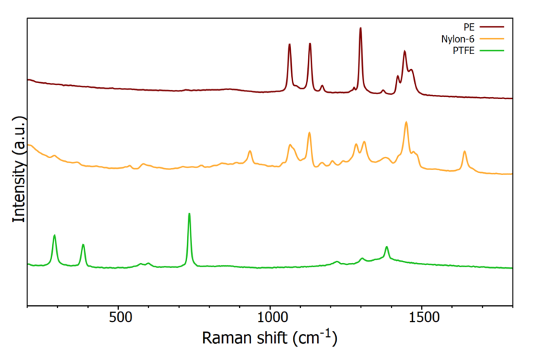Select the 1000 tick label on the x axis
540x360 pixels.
(x=271, y=317)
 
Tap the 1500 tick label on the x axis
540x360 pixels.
(x=422, y=317)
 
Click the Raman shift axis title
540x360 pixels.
(x=269, y=338)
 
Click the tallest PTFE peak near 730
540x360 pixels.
(x=189, y=214)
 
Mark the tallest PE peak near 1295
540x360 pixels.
(x=361, y=29)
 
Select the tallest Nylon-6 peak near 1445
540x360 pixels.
(x=406, y=122)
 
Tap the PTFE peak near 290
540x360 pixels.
(x=54, y=236)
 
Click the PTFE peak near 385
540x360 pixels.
(x=83, y=245)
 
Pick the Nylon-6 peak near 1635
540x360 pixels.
(x=464, y=152)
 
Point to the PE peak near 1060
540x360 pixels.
(x=290, y=45)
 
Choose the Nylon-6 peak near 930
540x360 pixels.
(x=250, y=151)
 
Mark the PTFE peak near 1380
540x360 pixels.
(x=387, y=247)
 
